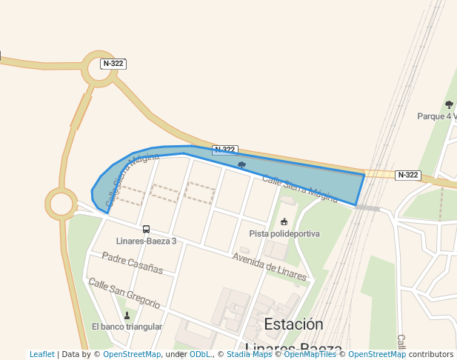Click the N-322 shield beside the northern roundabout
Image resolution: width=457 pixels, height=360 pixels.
coord(113,64)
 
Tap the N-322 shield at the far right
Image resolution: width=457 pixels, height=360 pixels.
coord(407,176)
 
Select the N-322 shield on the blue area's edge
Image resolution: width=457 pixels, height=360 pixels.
coord(224,150)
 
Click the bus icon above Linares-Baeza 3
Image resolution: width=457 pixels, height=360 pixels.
coord(146,230)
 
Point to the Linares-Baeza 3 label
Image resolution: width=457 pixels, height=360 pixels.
coord(147,241)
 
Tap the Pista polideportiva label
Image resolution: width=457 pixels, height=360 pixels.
coord(284,233)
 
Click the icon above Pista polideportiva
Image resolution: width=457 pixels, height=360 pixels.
coord(284,221)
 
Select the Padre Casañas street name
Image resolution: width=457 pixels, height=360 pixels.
coord(133,263)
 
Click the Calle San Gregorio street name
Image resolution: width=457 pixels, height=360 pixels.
coord(124,293)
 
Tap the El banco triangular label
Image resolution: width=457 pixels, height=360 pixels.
coord(127,327)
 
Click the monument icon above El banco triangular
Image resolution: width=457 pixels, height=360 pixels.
coord(127,316)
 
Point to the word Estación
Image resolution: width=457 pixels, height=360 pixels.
coord(293,324)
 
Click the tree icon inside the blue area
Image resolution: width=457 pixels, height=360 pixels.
coord(241,164)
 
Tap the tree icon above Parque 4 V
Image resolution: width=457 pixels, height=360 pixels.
coord(449,104)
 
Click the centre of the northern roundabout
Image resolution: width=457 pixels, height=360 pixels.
coord(101,69)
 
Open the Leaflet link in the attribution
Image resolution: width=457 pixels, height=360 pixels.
coord(42,355)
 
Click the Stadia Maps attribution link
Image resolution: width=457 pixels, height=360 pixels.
coord(248,355)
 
